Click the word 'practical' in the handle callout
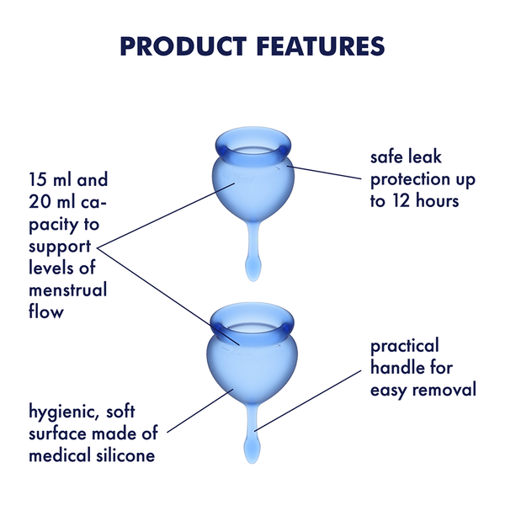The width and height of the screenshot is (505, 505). coord(405,346)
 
